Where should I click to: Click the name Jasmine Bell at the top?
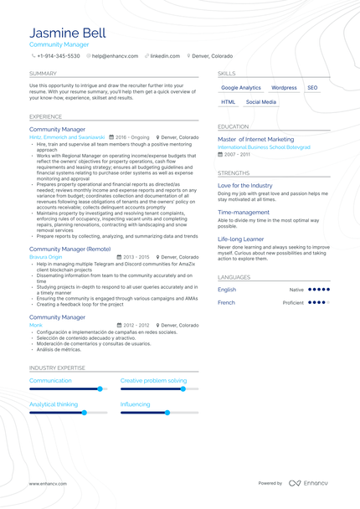pos(67,33)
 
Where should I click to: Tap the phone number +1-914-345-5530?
pos(59,56)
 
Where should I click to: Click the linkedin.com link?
pos(164,56)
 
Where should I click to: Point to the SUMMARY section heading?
pos(43,74)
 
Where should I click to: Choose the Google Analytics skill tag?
pos(240,88)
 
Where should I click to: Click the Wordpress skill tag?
pos(284,88)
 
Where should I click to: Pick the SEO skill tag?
pos(312,88)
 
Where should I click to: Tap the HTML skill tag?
pos(228,102)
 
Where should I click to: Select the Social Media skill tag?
pos(261,102)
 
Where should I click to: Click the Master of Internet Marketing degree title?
pos(255,140)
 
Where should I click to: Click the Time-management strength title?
pos(244,213)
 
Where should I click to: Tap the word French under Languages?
pos(226,302)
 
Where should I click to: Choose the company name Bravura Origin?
pos(45,257)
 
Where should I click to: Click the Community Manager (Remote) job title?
pos(69,249)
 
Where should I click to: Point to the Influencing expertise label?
pos(135,404)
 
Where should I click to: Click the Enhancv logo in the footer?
pos(311,483)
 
